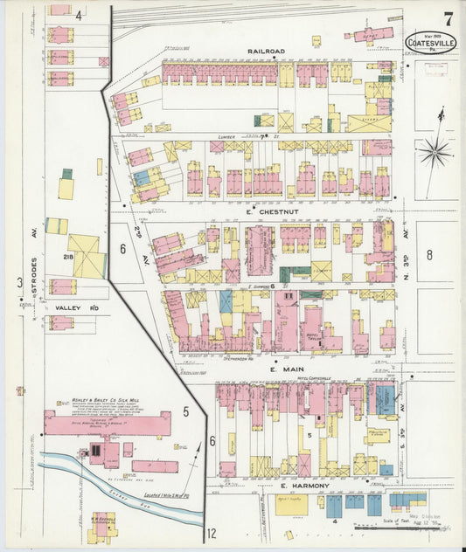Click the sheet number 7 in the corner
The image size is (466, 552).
448,17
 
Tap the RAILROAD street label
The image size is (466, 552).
266,52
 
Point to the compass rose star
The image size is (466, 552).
433,154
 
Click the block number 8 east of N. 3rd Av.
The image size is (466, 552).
429,255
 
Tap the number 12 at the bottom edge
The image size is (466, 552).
211,533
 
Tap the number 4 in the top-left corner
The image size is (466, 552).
78,15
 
